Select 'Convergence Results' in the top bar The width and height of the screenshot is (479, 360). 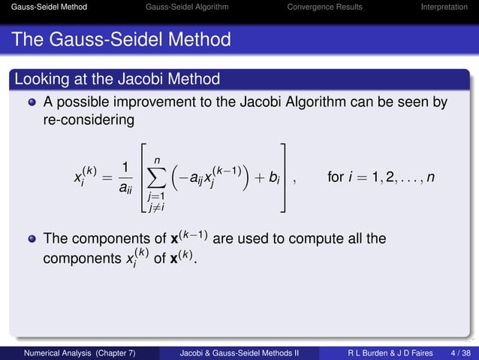click(324, 7)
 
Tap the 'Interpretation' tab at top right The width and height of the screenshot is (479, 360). click(444, 7)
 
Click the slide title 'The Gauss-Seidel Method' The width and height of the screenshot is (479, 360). click(121, 38)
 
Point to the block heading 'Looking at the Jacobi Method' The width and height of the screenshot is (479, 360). click(117, 79)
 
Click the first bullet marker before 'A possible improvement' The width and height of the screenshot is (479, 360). click(32, 101)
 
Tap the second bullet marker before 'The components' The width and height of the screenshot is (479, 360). click(32, 240)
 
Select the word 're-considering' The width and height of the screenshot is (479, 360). click(89, 119)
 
